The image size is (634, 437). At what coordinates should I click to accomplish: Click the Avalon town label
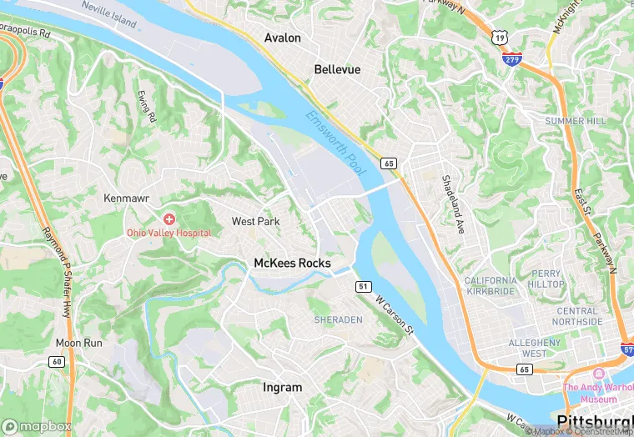coord(282,38)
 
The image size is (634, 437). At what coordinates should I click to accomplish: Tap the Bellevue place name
coord(337,69)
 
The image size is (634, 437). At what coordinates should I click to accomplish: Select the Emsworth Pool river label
coord(335,143)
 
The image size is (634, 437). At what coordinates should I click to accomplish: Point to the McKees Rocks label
coord(292,264)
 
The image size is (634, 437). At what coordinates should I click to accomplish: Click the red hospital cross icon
coord(169,219)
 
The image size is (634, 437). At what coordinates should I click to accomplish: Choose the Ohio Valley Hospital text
coord(169,234)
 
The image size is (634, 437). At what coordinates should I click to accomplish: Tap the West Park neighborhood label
coord(255,221)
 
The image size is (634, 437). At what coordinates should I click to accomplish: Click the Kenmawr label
coord(125,198)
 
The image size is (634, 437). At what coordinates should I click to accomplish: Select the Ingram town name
coord(282,388)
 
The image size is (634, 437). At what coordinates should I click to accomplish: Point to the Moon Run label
coord(78,343)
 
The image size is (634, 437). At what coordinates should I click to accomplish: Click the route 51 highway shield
coord(363,286)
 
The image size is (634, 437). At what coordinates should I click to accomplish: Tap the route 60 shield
coord(56,361)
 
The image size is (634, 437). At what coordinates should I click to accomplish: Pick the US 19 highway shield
coord(499,38)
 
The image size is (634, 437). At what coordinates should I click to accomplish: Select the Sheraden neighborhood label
coord(339,319)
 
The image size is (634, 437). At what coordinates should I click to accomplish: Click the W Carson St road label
coord(394,314)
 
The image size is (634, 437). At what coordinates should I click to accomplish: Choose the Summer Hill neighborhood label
coord(576,121)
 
